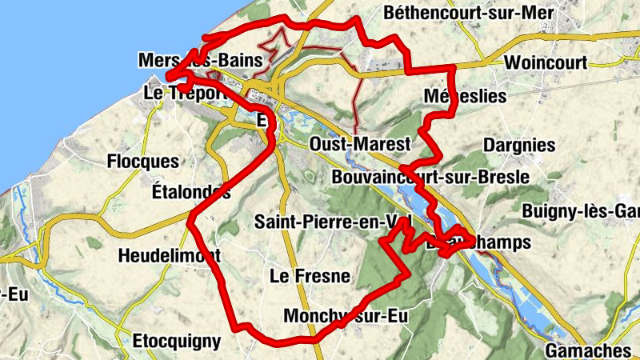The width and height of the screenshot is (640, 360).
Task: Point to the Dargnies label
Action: tap(519, 146)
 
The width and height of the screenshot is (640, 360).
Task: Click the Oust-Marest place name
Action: tap(359, 144)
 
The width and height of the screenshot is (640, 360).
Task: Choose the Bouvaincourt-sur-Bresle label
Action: tap(429, 177)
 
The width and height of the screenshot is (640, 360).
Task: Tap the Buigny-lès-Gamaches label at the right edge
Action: tap(581, 211)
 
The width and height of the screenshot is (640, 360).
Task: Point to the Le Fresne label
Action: tap(310, 277)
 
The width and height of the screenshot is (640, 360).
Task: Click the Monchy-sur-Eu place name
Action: tap(346, 316)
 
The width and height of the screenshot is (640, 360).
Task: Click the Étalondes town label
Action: tap(190, 193)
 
